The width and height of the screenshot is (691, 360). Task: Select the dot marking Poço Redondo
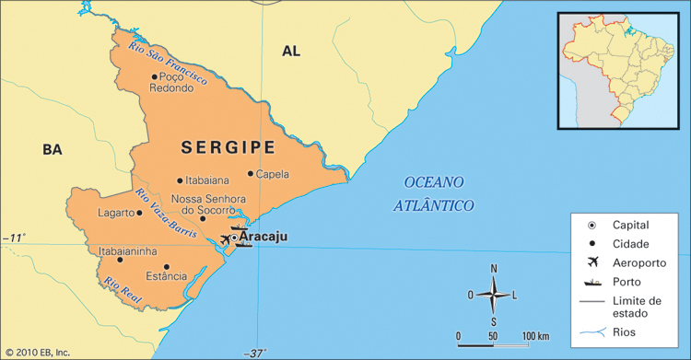click(x=154, y=77)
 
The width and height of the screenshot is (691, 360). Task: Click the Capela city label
click(x=272, y=174)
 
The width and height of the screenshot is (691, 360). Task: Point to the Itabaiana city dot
click(x=180, y=181)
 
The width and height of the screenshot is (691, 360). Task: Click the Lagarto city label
click(x=116, y=213)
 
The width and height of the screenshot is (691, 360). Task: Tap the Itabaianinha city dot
click(x=120, y=261)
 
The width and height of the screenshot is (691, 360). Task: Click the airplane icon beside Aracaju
click(x=226, y=239)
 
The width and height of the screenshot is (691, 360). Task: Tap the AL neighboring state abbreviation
click(x=291, y=52)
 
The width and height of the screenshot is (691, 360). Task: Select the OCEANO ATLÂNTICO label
click(x=433, y=193)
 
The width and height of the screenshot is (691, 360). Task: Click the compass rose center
click(x=494, y=295)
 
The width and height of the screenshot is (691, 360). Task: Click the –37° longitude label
click(x=255, y=353)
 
